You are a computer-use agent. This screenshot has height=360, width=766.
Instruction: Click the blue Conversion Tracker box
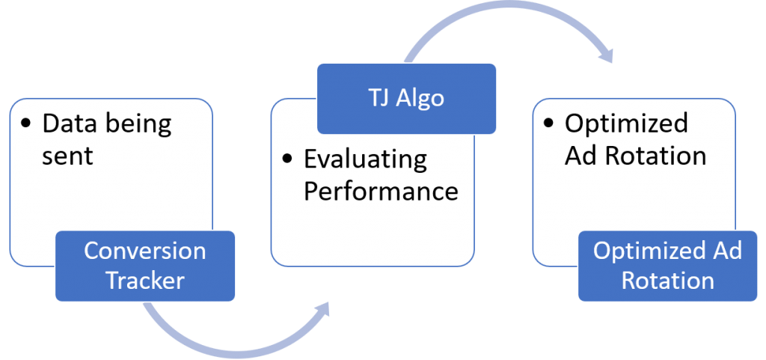click(144, 266)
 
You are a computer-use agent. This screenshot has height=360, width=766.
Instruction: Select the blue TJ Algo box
click(406, 97)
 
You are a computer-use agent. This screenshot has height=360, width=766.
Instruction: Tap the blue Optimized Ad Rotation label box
click(667, 266)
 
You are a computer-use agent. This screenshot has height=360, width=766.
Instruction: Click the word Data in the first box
click(69, 123)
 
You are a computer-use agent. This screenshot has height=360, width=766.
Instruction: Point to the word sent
click(67, 156)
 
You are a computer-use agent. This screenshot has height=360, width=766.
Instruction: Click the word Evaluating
click(365, 159)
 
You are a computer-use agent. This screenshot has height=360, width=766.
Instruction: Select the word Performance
click(380, 191)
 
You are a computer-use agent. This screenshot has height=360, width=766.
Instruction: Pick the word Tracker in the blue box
click(144, 281)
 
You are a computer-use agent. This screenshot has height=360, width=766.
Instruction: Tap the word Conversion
click(144, 251)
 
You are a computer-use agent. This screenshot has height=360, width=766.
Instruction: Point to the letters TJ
click(374, 97)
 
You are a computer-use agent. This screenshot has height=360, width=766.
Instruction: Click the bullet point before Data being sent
click(27, 123)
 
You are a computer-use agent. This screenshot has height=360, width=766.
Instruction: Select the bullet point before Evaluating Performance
click(288, 159)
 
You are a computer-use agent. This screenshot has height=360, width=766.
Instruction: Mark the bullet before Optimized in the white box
click(550, 123)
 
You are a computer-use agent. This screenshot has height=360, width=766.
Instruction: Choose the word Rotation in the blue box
click(667, 281)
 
